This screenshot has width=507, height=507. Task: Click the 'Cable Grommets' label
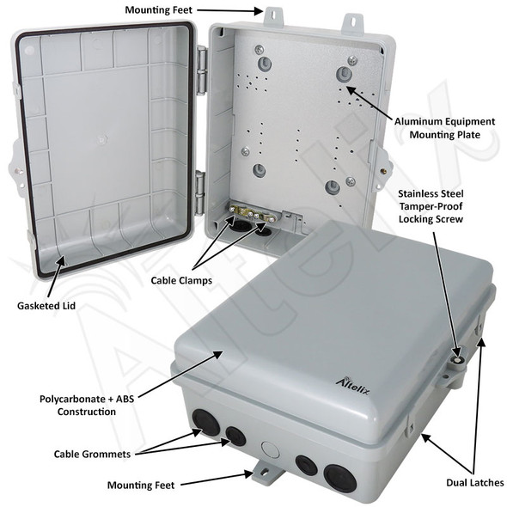click(x=92, y=453)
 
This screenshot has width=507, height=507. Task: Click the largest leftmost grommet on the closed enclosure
click(x=205, y=422)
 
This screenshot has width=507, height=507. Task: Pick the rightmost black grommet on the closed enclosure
click(x=339, y=478)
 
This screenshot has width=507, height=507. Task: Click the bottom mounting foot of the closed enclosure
click(x=264, y=471)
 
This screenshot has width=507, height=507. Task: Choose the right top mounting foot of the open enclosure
click(x=352, y=21)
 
